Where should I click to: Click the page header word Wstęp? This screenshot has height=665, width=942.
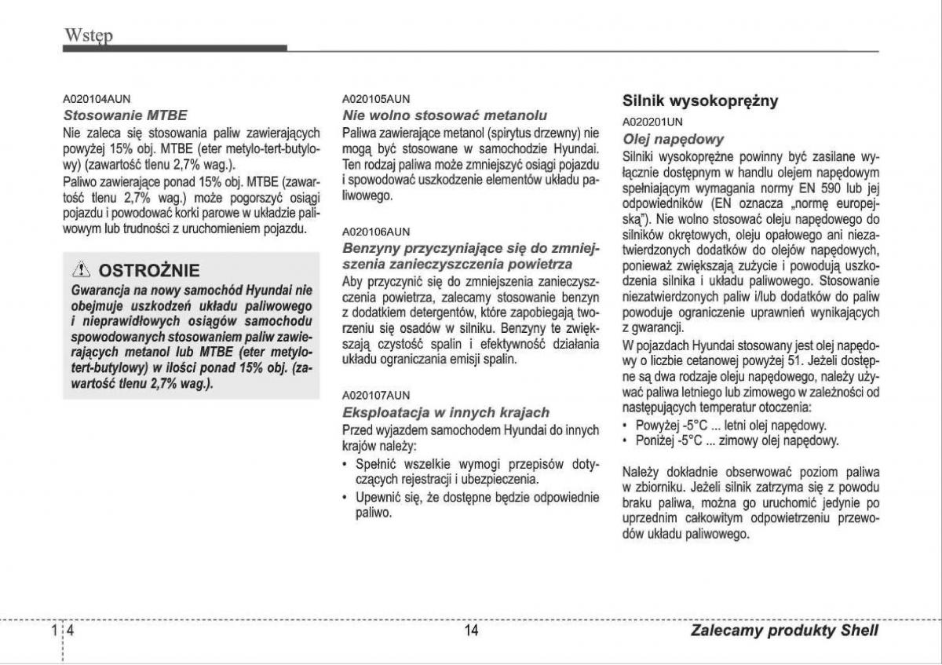89,35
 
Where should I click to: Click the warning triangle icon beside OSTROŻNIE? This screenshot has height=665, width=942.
82,271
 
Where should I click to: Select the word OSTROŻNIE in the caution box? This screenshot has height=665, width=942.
149,271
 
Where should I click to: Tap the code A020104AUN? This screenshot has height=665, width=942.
97,99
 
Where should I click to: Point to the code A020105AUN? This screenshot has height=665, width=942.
376,100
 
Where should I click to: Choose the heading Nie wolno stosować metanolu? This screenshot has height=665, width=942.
445,115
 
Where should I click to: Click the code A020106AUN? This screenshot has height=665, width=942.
376,232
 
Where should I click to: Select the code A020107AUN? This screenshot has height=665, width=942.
376,395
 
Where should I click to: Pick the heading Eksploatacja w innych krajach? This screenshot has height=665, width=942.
446,412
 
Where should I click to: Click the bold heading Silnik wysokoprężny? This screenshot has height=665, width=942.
700,100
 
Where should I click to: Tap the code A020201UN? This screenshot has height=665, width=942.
652,122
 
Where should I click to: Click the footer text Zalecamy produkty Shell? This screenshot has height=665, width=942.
784,630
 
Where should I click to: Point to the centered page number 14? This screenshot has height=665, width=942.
471,630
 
